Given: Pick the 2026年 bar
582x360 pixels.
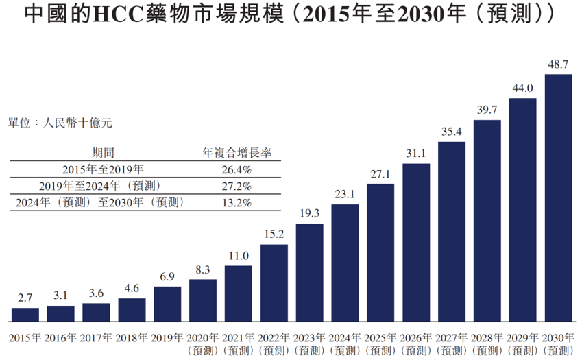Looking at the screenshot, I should pos(416,242).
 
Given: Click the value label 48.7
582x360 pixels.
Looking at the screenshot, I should pos(558,64).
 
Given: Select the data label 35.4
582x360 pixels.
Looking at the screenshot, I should pos(452,132).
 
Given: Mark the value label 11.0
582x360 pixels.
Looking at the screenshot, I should pos(239,256).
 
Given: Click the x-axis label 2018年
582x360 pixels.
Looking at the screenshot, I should pos(132,337).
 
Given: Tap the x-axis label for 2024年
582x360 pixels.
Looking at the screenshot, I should pos(345,337).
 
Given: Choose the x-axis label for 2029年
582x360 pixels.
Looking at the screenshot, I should pos(522,337).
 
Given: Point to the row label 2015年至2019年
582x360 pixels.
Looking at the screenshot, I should pos(103,169).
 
